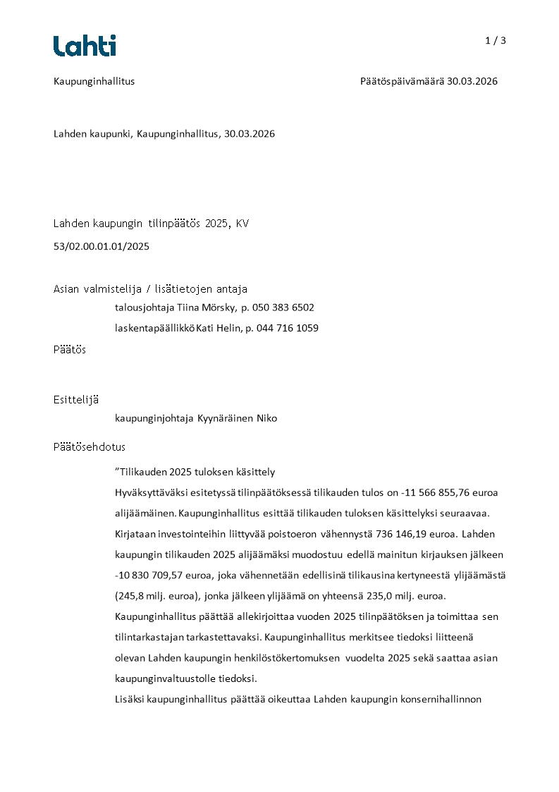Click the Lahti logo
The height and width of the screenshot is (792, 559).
pyautogui.click(x=85, y=46)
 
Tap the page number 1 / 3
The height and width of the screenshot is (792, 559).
pyautogui.click(x=496, y=40)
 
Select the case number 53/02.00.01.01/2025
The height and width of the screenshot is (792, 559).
pyautogui.click(x=102, y=247)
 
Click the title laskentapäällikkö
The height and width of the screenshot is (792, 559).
pyautogui.click(x=154, y=328)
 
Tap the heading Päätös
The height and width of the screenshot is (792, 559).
pyautogui.click(x=70, y=350)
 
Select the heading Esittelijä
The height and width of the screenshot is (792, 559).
pyautogui.click(x=76, y=400)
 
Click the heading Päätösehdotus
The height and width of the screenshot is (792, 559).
pyautogui.click(x=90, y=447)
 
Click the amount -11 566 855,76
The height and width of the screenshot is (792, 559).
pyautogui.click(x=433, y=492)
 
